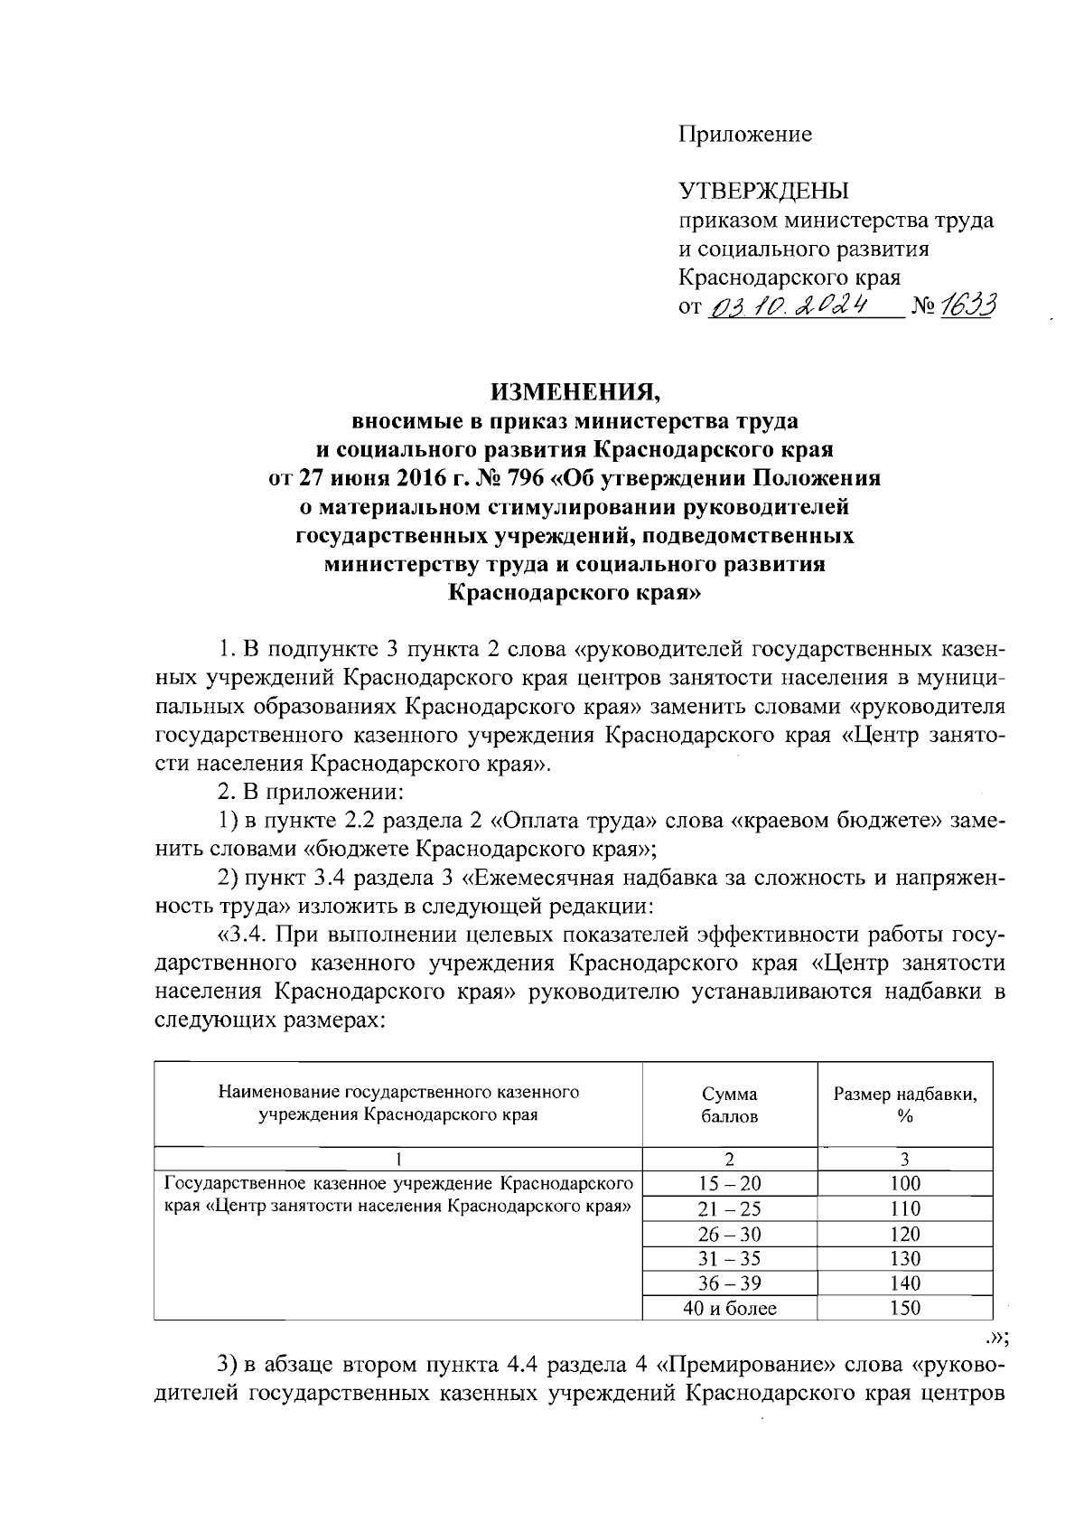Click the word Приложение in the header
click(745, 136)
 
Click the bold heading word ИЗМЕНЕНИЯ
click(575, 393)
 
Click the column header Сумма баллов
click(729, 1104)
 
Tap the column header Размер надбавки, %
click(904, 1104)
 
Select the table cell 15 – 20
click(729, 1184)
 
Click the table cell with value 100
click(904, 1184)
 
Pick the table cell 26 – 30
click(729, 1234)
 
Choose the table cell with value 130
click(904, 1259)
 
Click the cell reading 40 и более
click(729, 1308)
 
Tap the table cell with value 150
click(904, 1308)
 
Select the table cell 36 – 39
click(729, 1283)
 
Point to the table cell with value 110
click(904, 1209)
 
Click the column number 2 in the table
click(729, 1159)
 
